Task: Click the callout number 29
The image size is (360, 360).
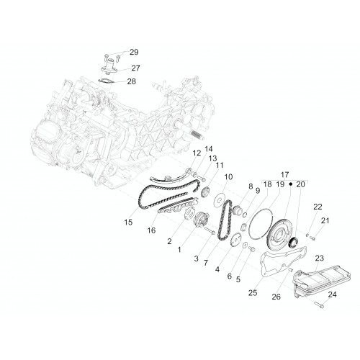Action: [x=134, y=52]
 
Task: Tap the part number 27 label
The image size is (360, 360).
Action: [x=135, y=68]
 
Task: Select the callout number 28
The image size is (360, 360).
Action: [x=132, y=81]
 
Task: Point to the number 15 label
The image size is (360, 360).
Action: [x=128, y=222]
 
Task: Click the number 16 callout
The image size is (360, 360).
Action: [x=151, y=230]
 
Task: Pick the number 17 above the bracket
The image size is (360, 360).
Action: [x=285, y=174]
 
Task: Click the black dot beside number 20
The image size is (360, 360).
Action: [x=290, y=184]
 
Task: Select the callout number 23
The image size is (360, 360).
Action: [x=320, y=258]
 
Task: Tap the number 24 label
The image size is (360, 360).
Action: [x=332, y=294]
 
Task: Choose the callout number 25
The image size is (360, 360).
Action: [x=253, y=293]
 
